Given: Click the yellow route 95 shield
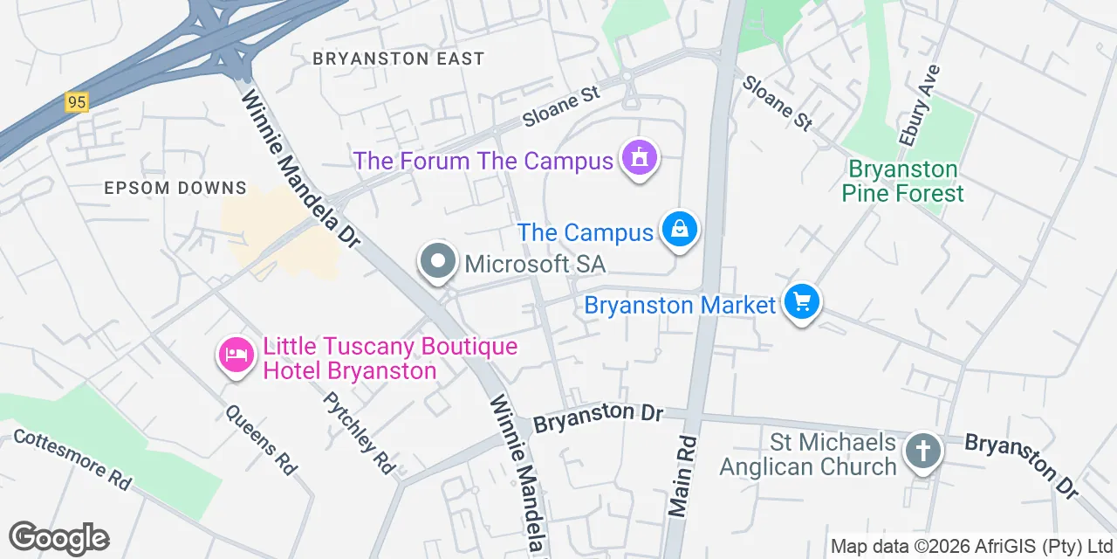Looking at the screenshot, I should tap(77, 102).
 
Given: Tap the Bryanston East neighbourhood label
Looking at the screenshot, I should tap(398, 59).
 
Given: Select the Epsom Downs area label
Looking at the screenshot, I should tap(175, 188).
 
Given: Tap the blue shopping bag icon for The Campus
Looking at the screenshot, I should tap(680, 230).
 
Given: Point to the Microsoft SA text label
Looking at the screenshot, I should tap(535, 263).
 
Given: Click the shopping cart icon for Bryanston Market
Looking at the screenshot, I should tap(801, 302).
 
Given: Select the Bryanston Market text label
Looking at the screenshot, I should tap(680, 306).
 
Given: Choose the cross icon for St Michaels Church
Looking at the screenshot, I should tap(923, 452).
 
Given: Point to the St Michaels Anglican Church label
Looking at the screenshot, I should tap(808, 454).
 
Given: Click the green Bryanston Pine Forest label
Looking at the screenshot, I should tap(903, 181).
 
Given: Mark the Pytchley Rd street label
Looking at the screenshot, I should tap(359, 432).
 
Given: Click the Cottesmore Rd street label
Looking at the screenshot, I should tap(72, 459).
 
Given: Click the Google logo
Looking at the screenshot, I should tap(58, 538).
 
